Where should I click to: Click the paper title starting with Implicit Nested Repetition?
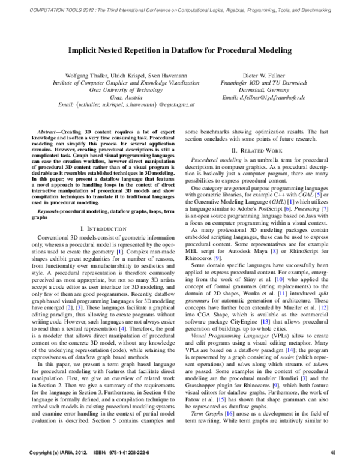point(179,52)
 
